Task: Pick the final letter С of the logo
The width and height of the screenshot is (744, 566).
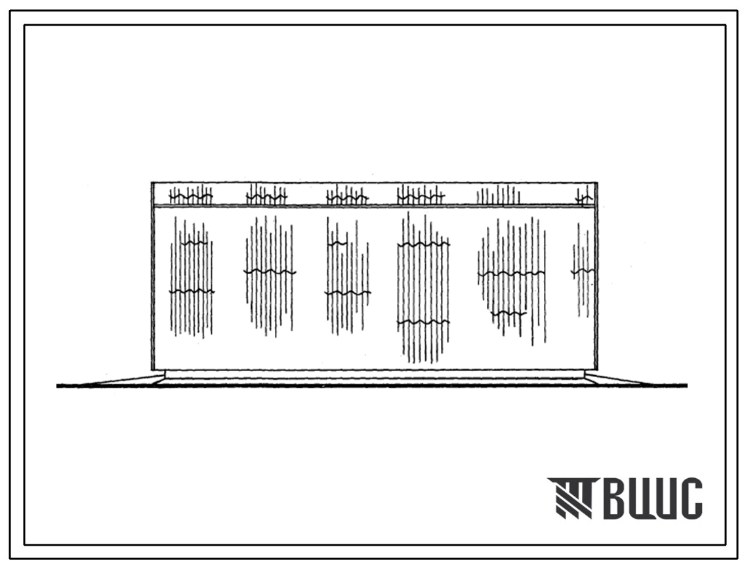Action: point(689,498)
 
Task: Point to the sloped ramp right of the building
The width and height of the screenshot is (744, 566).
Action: point(636,380)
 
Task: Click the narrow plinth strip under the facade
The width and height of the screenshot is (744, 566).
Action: point(375,374)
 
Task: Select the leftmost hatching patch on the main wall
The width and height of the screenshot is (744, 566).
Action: point(191,277)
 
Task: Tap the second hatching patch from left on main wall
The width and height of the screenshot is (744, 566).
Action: point(270,276)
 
